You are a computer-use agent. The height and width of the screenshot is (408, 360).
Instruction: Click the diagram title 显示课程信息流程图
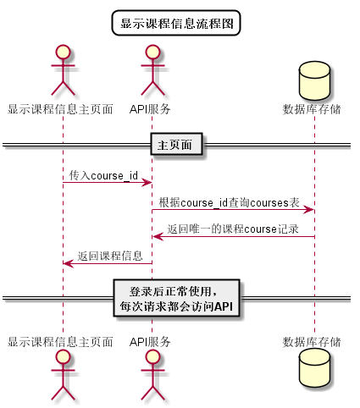[177, 23]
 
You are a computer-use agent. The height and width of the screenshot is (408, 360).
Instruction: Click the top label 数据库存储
[313, 109]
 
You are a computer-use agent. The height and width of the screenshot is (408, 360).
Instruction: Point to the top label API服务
[151, 109]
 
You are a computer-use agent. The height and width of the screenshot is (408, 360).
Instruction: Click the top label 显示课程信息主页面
[61, 109]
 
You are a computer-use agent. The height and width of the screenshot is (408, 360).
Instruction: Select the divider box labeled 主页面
[177, 145]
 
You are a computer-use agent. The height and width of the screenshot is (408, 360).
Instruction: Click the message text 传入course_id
[103, 175]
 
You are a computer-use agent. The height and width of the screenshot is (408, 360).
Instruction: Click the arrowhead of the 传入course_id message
[147, 183]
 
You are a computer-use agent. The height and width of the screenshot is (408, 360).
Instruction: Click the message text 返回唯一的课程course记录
[233, 229]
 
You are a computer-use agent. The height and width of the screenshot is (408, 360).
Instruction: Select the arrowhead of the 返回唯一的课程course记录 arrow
[157, 236]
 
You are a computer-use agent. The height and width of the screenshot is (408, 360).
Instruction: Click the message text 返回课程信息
[110, 256]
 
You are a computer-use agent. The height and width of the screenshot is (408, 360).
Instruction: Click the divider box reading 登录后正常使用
[178, 298]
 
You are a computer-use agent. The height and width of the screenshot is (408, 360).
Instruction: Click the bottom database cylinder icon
[313, 372]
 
